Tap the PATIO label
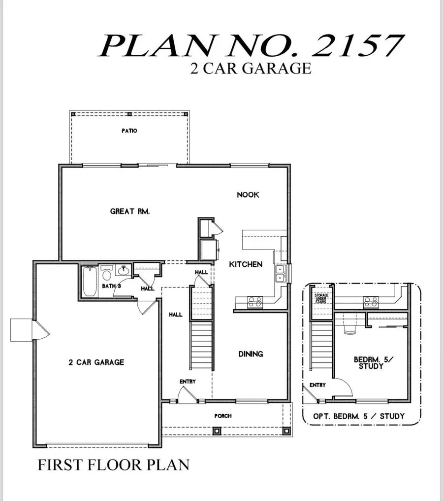pyautogui.click(x=129, y=131)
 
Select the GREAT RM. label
pyautogui.click(x=130, y=212)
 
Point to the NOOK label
pyautogui.click(x=248, y=195)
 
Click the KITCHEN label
pyautogui.click(x=246, y=264)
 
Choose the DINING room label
pyautogui.click(x=251, y=354)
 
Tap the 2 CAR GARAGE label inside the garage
pyautogui.click(x=96, y=362)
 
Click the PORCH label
pyautogui.click(x=222, y=416)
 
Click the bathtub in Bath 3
pyautogui.click(x=89, y=282)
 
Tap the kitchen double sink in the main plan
pyautogui.click(x=280, y=274)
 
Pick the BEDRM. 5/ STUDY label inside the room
pyautogui.click(x=370, y=363)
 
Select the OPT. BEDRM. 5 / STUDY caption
pyautogui.click(x=359, y=416)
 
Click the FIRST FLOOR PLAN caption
pyautogui.click(x=113, y=465)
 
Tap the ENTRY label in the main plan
pyautogui.click(x=188, y=381)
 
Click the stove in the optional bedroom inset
pyautogui.click(x=370, y=302)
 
